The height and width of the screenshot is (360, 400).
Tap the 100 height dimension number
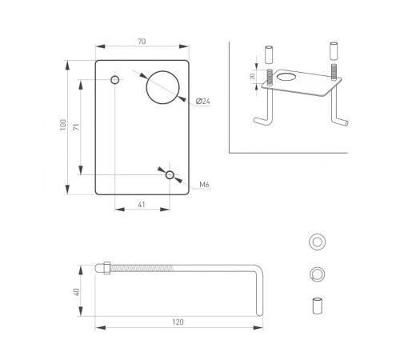(x=60, y=126)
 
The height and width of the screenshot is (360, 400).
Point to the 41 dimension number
(x=142, y=206)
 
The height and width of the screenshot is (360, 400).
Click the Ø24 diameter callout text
(x=203, y=102)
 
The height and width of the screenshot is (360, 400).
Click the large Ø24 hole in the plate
(x=162, y=86)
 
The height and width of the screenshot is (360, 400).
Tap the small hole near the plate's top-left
(x=115, y=81)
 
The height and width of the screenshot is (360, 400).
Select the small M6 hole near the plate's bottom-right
(x=170, y=174)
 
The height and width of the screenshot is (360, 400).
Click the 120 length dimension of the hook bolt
(x=178, y=322)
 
